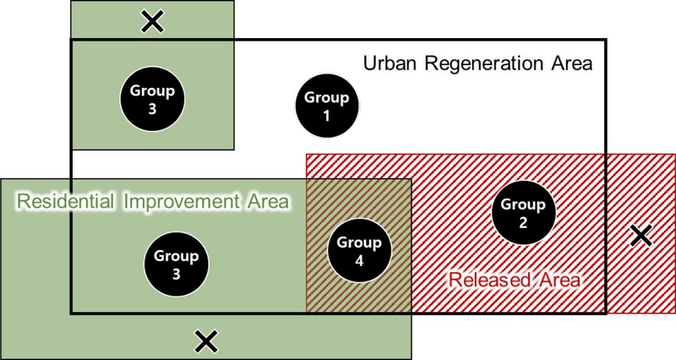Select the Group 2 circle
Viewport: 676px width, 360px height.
(x=523, y=212)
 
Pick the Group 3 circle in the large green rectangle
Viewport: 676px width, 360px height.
(x=177, y=264)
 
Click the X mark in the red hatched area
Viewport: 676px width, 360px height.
(x=642, y=236)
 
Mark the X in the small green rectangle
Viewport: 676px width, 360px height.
(x=152, y=21)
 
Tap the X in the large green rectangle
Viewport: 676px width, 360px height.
(x=204, y=341)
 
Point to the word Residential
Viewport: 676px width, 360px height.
(x=66, y=203)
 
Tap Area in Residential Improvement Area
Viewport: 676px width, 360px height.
(x=268, y=203)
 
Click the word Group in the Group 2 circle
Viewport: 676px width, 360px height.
(x=523, y=203)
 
